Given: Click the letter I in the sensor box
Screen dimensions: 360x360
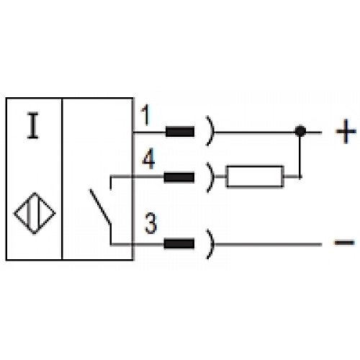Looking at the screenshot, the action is click(32, 125).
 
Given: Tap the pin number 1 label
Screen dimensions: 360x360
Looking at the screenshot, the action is click(145, 115).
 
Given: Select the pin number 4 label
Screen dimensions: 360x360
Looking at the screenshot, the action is click(148, 158).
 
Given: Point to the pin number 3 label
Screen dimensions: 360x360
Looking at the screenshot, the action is click(150, 224).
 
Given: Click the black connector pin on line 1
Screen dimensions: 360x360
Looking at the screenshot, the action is click(180, 132).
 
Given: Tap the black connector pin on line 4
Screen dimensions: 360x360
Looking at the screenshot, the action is click(179, 177).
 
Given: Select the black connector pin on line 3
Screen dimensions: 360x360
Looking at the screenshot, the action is click(179, 244).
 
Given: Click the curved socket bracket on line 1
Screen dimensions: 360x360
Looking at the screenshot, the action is click(212, 131).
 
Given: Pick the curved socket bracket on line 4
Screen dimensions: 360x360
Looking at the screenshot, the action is click(212, 177).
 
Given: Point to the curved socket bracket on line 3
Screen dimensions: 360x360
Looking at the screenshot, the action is click(212, 244).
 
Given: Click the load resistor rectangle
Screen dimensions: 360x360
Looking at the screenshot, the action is click(255, 166).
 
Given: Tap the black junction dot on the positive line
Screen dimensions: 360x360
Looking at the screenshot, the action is click(300, 131).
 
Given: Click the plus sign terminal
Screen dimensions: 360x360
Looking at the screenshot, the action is click(346, 131).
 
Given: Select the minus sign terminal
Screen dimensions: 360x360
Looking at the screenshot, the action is click(345, 243).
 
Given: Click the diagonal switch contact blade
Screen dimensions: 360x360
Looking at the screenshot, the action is click(101, 207).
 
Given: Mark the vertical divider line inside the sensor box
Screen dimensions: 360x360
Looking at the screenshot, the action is click(62, 179).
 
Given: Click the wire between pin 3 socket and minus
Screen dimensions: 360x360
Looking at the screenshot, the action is click(268, 244).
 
